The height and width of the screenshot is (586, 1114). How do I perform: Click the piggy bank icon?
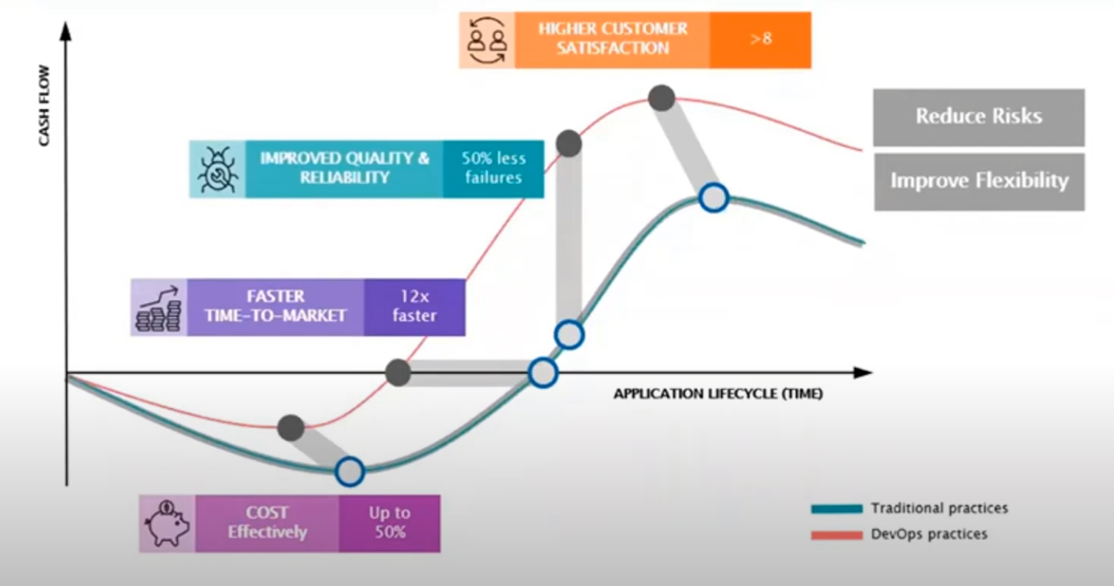(168, 523)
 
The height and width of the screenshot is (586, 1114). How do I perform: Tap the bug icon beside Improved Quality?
(217, 169)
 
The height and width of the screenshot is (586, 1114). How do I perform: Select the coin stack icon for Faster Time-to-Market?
(159, 308)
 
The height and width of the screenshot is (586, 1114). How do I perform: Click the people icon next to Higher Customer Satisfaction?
(487, 40)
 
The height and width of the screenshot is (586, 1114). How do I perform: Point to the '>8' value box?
(760, 40)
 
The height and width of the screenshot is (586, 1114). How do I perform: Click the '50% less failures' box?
(493, 169)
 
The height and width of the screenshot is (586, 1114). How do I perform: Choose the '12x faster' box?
(414, 307)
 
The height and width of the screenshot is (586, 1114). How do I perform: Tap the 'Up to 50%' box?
(389, 523)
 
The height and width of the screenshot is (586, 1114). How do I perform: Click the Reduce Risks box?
(979, 117)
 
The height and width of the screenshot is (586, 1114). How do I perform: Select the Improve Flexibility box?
(979, 181)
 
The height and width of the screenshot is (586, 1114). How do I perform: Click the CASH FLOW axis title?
(45, 105)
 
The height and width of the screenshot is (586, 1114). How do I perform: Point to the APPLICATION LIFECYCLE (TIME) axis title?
(717, 394)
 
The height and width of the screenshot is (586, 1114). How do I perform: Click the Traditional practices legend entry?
(909, 508)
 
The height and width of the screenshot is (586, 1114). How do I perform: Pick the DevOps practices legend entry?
(899, 535)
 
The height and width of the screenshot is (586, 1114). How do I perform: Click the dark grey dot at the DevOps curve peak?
(662, 98)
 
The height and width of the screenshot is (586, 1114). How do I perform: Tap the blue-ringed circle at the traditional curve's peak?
(714, 198)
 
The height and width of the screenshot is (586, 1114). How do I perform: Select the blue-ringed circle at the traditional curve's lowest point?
(350, 472)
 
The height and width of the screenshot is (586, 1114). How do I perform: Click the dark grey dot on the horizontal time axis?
(398, 372)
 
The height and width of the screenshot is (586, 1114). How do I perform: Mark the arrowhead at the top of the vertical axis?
(66, 31)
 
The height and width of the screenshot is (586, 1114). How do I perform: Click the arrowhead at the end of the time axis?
(864, 372)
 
